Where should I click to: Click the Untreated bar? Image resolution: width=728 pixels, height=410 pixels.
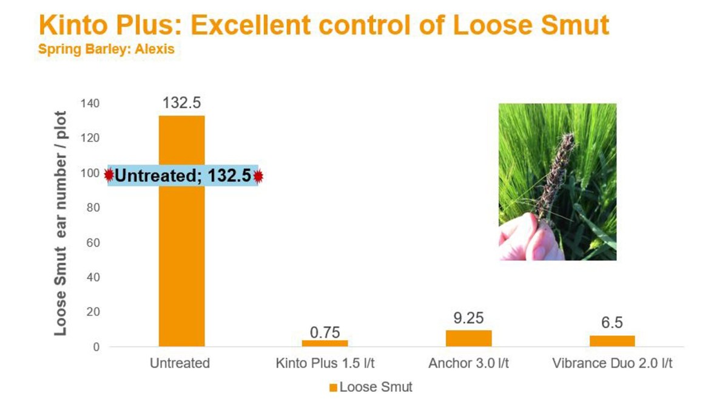181,267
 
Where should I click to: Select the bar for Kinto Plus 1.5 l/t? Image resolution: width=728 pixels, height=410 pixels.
325,343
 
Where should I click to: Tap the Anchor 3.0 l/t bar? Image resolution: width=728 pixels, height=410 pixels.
468,338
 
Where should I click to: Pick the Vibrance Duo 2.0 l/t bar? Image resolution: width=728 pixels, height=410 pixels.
612,341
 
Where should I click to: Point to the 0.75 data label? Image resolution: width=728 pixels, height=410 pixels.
325,332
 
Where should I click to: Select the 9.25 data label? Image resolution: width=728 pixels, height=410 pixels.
468,319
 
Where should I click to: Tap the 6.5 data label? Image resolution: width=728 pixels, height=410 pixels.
612,323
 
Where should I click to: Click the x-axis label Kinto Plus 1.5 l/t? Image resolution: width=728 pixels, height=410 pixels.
325,364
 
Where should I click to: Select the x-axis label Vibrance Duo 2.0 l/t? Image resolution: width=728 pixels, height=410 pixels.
612,364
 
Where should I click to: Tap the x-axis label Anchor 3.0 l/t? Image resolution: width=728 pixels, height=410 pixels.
468,364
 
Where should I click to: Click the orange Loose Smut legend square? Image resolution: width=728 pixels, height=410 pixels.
332,388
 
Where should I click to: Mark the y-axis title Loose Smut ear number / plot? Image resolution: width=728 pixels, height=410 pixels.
61,224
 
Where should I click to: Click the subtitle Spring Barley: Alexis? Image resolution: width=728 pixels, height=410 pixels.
106,49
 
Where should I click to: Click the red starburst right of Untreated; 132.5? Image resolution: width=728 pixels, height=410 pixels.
258,176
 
